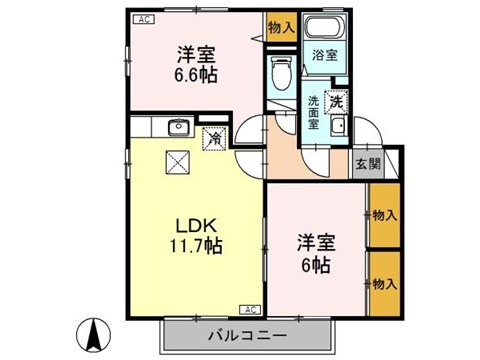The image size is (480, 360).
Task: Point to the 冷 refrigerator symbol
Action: click(x=214, y=141)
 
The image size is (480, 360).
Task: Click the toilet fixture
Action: click(x=282, y=74)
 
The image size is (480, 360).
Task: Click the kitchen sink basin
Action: click(x=180, y=127)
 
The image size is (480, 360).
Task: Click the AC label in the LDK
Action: click(x=249, y=309)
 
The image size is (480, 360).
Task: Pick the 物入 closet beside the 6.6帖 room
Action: click(x=281, y=27)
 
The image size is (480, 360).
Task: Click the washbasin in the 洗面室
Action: click(x=337, y=126)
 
